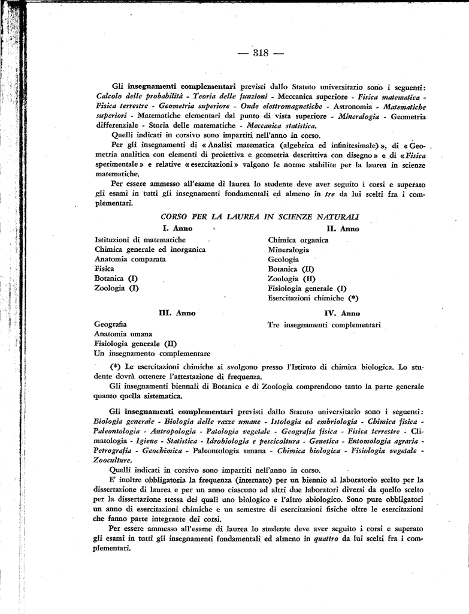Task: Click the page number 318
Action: point(259,53)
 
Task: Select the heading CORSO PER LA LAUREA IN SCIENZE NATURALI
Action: point(261,216)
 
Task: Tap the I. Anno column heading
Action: point(178,228)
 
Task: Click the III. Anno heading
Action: point(177,313)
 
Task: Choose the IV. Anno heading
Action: point(342,313)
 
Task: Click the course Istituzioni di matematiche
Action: point(140,240)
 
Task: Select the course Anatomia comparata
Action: point(131,259)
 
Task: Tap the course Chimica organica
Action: point(298,240)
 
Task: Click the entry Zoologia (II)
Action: point(291,278)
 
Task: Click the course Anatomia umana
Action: point(123,334)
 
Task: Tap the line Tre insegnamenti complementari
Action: point(324,324)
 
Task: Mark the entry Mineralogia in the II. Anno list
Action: point(289,249)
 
